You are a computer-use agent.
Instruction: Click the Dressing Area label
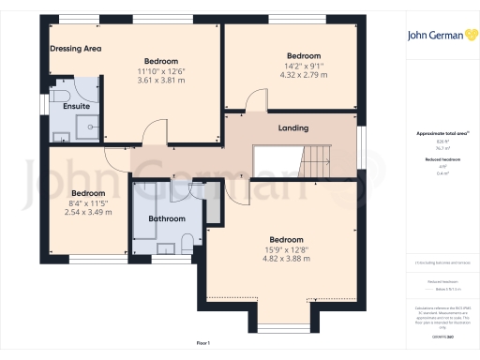click(75, 48)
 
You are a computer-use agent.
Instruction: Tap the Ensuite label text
click(76, 106)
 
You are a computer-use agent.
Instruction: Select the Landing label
click(294, 128)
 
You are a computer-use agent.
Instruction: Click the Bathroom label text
click(168, 218)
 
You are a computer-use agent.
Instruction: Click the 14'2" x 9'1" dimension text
click(303, 66)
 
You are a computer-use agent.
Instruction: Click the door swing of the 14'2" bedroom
click(256, 101)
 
